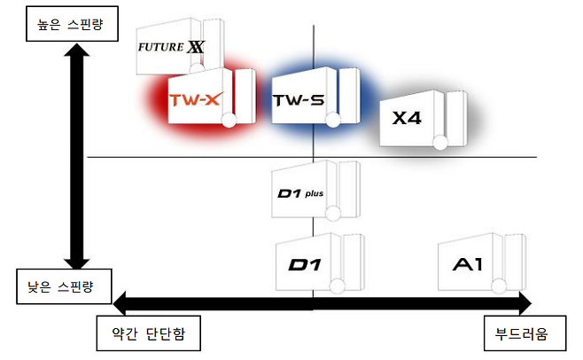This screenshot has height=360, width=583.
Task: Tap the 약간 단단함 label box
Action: coord(148,334)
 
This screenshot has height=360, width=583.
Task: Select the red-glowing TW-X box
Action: coord(199,100)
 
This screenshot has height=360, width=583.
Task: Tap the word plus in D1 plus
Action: coord(314,190)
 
